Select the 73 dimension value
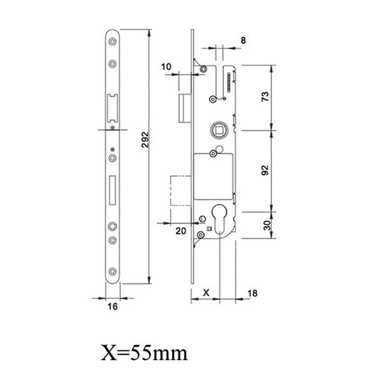266,97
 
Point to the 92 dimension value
266,170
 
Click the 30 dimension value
266,224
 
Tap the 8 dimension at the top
243,40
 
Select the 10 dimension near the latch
166,66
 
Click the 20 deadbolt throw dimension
180,231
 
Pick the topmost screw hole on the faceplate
112,43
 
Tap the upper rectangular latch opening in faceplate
113,106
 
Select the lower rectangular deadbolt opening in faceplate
112,189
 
